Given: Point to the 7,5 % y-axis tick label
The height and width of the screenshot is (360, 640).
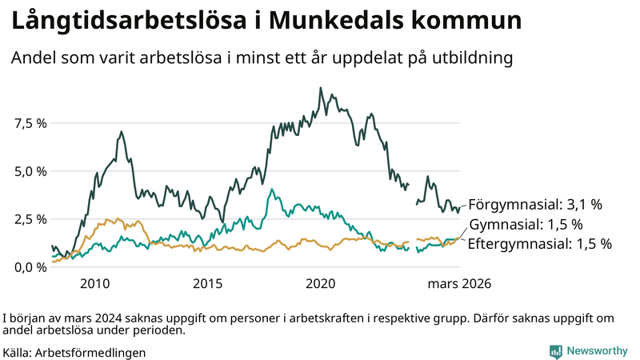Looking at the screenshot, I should (30, 123).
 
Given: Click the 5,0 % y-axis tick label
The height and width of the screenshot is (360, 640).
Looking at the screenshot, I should (30, 171).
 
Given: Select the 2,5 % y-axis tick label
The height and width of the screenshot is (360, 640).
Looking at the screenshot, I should (30, 219).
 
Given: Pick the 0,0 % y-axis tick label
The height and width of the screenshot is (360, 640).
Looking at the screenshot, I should (30, 266).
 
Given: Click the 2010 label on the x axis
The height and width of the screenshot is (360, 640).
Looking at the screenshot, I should (94, 284).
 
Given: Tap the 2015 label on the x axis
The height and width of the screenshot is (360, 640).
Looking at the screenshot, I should (207, 284).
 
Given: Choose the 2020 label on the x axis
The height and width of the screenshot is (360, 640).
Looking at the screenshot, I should (321, 284).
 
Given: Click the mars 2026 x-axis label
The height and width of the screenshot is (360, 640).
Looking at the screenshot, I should (459, 284).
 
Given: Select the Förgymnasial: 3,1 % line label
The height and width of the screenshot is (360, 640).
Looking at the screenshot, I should (534, 204).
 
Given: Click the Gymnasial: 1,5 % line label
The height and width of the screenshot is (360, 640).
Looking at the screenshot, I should (526, 224).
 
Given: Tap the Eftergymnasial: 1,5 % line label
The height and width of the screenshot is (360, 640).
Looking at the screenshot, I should (539, 243).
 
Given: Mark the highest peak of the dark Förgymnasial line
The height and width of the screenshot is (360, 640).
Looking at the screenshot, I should (321, 88).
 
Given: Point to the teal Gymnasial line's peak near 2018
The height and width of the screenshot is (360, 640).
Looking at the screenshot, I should (272, 190).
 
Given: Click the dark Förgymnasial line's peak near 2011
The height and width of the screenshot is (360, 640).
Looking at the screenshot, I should (121, 132).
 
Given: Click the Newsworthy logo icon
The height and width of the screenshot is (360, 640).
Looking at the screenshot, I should (555, 351).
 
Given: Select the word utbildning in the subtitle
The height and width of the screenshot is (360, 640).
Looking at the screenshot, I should (472, 58).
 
